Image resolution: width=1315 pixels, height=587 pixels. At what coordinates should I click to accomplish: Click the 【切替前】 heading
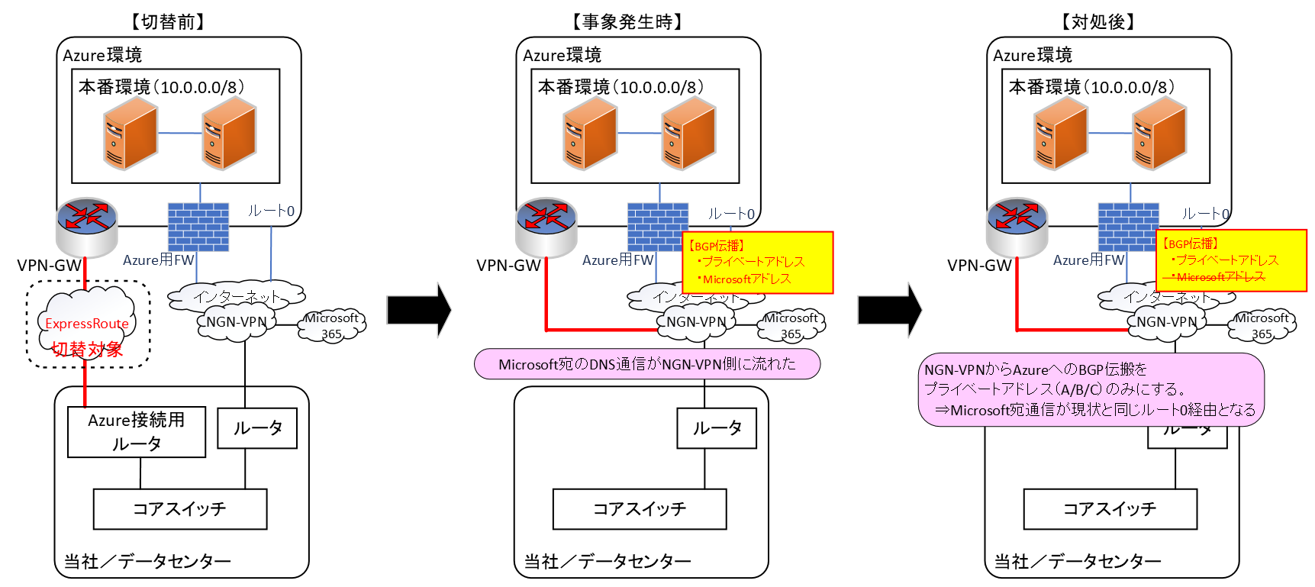tap(168, 21)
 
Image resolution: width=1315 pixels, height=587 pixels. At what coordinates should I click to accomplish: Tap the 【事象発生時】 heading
tap(627, 21)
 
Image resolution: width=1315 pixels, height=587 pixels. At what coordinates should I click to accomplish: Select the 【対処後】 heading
tap(1098, 21)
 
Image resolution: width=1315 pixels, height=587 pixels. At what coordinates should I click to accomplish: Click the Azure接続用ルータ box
tap(136, 432)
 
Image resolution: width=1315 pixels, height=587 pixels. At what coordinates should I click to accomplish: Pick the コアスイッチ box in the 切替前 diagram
tap(179, 509)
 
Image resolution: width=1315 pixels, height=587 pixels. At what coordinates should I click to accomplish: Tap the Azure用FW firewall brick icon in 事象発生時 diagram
tap(657, 227)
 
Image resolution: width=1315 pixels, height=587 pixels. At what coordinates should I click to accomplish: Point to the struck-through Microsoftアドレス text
tap(1219, 277)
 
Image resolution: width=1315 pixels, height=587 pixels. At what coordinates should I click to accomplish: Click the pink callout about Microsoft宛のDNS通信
tap(646, 364)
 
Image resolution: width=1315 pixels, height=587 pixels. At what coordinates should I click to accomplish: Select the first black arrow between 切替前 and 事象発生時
tap(419, 310)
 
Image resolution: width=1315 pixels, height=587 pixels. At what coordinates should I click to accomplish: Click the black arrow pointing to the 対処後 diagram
tap(889, 310)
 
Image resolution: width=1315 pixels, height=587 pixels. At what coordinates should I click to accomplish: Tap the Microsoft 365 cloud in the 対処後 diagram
tap(1261, 326)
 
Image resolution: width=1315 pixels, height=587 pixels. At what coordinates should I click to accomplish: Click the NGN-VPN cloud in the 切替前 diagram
tap(237, 322)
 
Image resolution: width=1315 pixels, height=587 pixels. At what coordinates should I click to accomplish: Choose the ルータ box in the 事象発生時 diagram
tap(716, 428)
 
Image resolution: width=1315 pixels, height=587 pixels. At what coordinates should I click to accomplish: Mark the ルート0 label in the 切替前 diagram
tap(271, 211)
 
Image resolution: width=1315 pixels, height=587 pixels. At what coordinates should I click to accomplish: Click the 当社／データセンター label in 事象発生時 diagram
tap(608, 562)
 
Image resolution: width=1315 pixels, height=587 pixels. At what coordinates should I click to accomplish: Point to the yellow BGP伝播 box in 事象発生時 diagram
tap(757, 263)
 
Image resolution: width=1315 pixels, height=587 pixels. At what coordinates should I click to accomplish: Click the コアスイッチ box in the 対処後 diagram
tap(1110, 509)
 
